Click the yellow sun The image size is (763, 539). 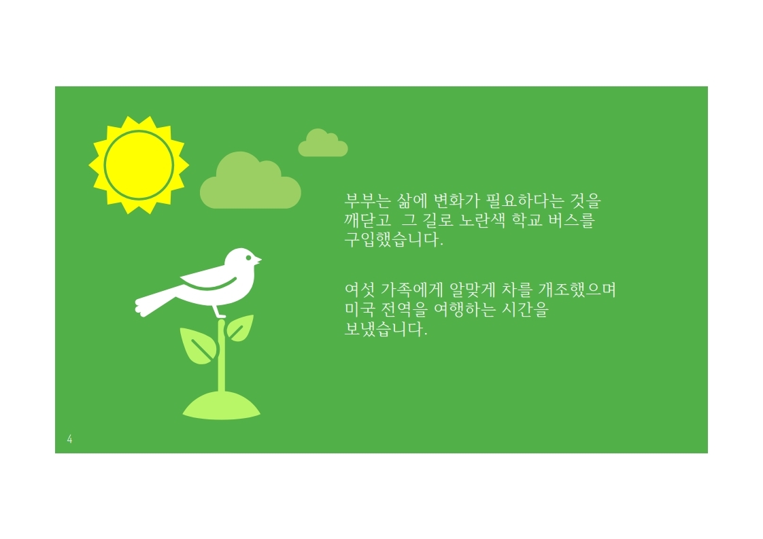point(139,165)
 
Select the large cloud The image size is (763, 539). point(250,181)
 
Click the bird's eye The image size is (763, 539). point(249,258)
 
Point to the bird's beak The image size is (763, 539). point(258,260)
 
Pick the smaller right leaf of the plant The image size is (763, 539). point(240,328)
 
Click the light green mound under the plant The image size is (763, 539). point(222,406)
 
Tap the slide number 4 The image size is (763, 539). point(69,439)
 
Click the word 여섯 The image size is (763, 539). point(360,290)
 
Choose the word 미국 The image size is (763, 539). point(360,309)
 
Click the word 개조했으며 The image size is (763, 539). point(577,290)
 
